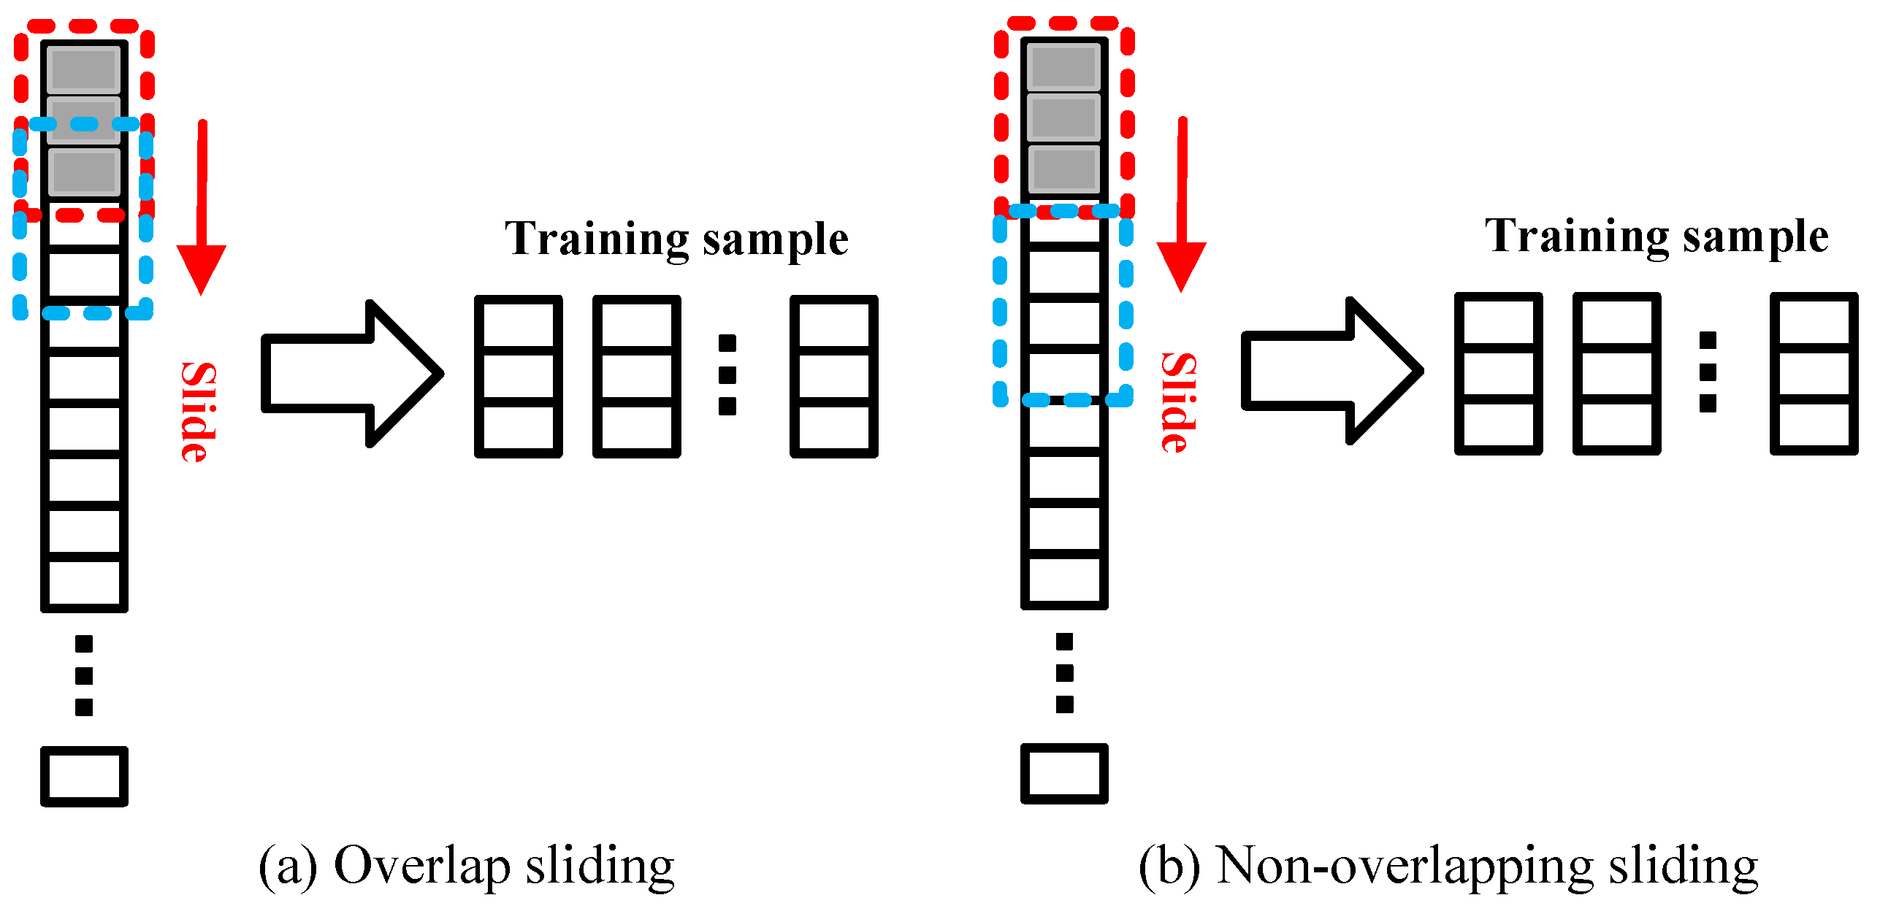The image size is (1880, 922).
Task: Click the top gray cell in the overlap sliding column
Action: click(x=84, y=69)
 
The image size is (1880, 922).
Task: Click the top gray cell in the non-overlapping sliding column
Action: click(x=1063, y=66)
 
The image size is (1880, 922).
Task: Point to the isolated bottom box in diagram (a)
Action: click(x=84, y=776)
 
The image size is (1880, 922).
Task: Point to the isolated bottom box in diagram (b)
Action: click(x=1064, y=774)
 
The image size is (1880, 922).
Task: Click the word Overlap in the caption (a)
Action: click(x=421, y=866)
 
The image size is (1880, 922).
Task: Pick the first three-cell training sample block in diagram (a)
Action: click(x=519, y=377)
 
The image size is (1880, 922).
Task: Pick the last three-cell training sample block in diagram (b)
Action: click(x=1813, y=374)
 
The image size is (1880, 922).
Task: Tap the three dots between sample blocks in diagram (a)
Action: click(x=727, y=374)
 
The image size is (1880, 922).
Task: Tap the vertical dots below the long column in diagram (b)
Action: click(x=1064, y=672)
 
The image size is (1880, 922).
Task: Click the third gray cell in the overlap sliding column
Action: click(x=84, y=172)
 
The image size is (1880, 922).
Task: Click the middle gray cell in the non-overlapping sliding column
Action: click(x=1063, y=117)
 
